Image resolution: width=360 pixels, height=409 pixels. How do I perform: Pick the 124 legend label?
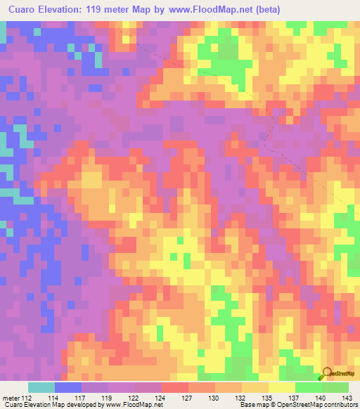pos(162,398)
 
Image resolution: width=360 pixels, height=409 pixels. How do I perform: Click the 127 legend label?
pos(188,398)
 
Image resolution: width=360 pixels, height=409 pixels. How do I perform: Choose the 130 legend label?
pos(215,398)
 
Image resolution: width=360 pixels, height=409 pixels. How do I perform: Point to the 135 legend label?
pos(269,398)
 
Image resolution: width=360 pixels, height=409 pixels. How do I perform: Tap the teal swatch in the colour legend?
pos(41,387)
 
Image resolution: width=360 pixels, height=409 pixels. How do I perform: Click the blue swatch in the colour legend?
pos(67,387)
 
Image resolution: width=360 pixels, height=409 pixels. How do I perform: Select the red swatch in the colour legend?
pos(174,387)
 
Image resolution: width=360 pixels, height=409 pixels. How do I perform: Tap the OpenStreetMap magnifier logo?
pos(328,374)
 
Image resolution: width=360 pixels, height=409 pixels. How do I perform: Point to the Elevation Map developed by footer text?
pos(56,405)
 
